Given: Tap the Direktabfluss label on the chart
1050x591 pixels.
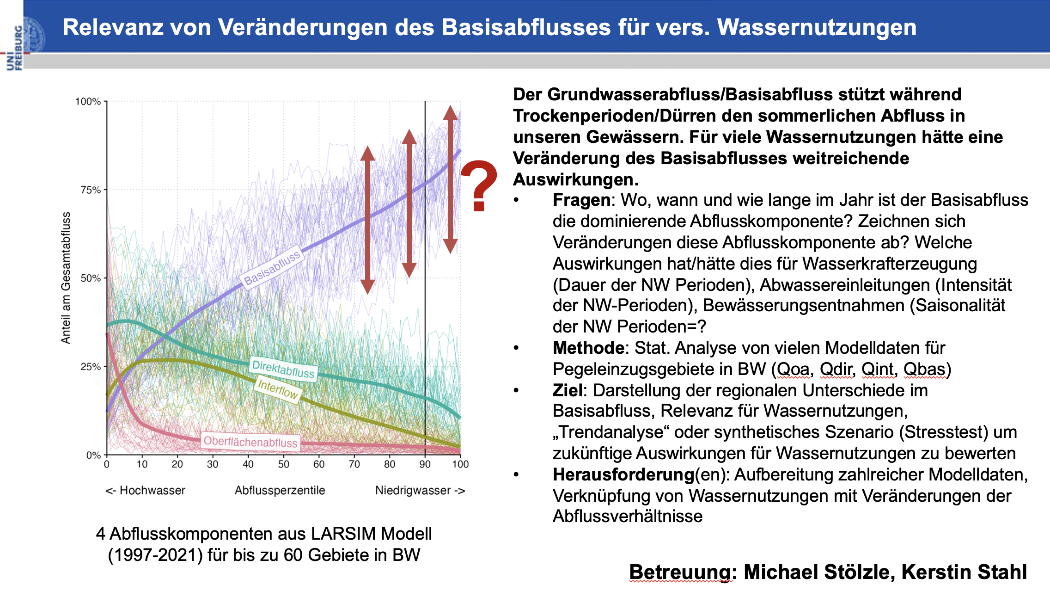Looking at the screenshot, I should pyautogui.click(x=283, y=369).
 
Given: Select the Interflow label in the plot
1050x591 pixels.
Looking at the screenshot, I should pyautogui.click(x=278, y=389).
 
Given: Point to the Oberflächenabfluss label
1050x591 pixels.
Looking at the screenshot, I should pyautogui.click(x=250, y=442).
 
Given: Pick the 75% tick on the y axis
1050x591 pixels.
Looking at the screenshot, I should pyautogui.click(x=91, y=190).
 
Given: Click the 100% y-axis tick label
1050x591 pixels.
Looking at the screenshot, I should pyautogui.click(x=88, y=101).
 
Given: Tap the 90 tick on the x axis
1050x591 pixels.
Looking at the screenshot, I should pyautogui.click(x=425, y=464).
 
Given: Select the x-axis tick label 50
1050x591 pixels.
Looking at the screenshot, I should pyautogui.click(x=283, y=464).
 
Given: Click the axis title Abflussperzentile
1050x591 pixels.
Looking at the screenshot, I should pyautogui.click(x=280, y=490).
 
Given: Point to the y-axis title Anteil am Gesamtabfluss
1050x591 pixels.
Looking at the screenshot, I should pyautogui.click(x=66, y=277).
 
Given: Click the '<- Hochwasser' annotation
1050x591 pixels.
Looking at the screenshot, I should pyautogui.click(x=145, y=490).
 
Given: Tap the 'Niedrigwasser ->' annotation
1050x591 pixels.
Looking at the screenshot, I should pyautogui.click(x=420, y=490).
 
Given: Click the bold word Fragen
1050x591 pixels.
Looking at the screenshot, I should pyautogui.click(x=581, y=200).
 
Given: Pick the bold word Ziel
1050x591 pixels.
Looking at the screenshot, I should pyautogui.click(x=567, y=390).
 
